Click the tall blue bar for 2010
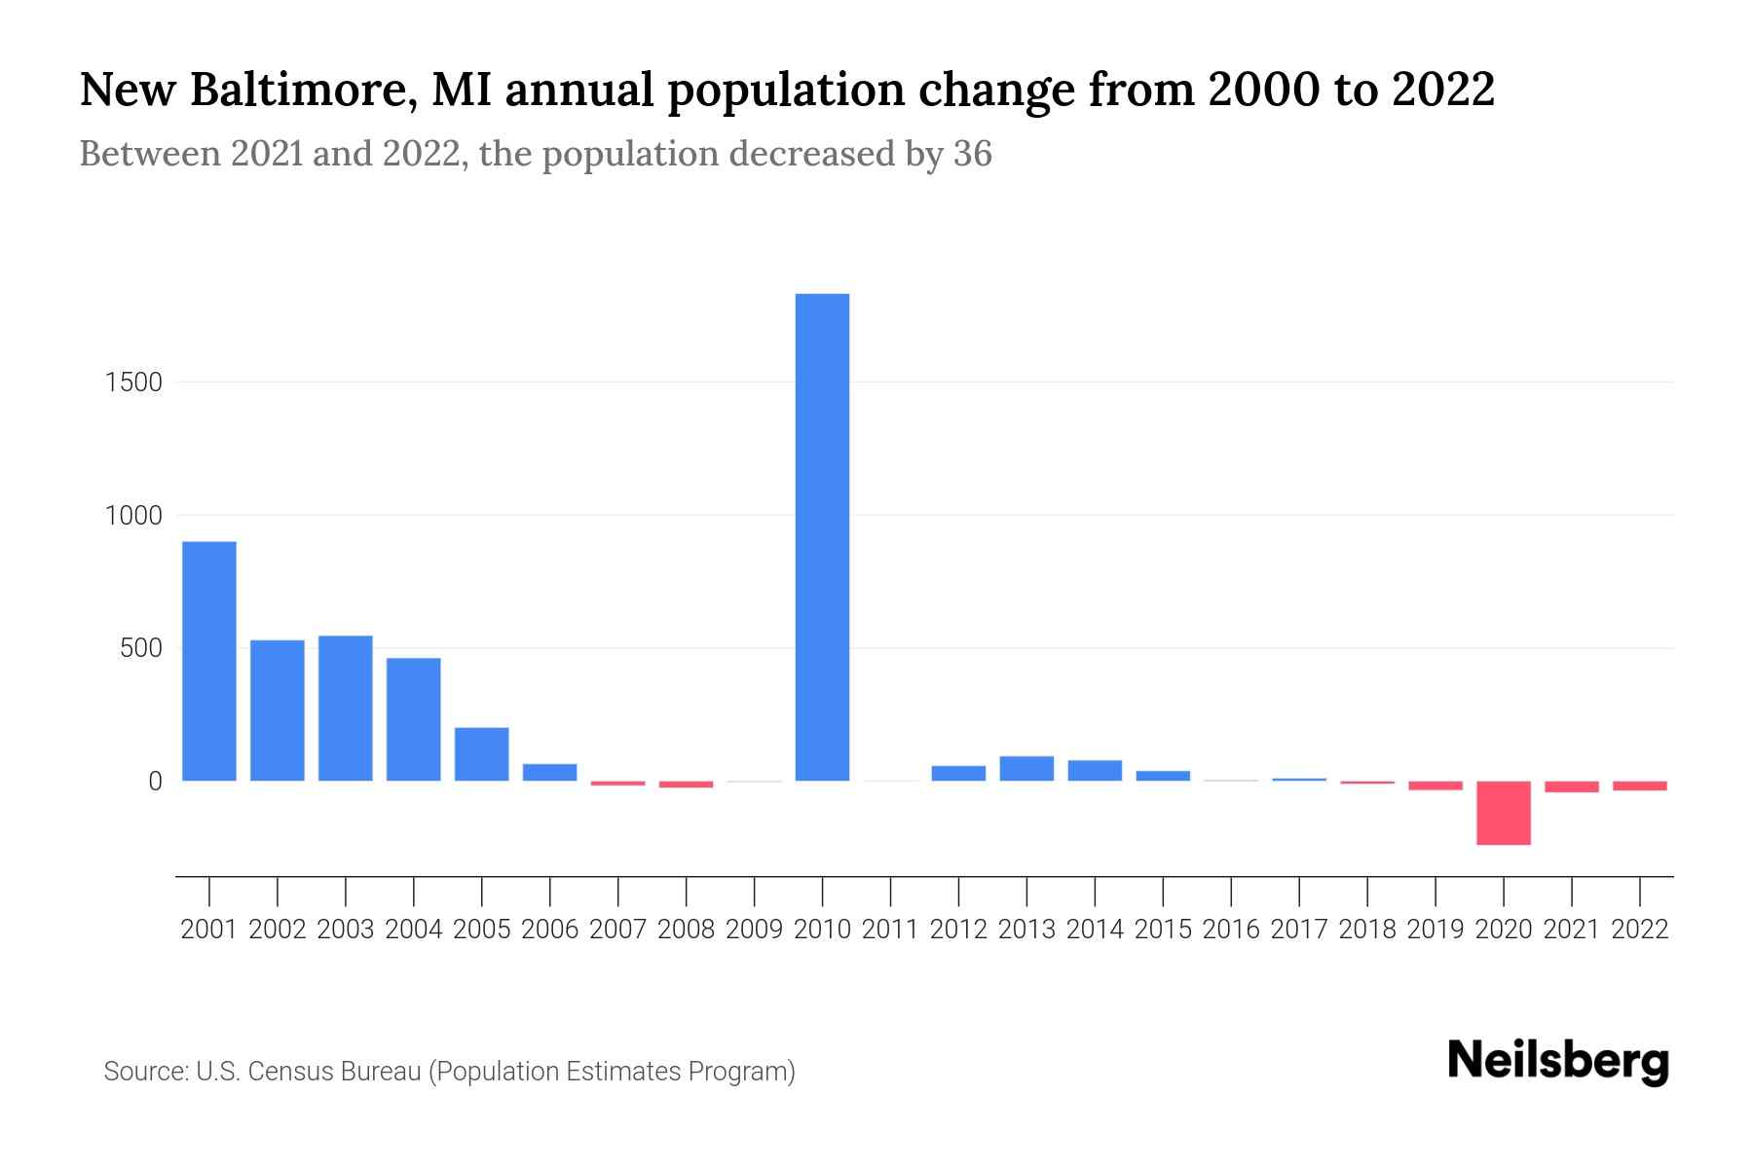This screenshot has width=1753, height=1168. click(x=822, y=536)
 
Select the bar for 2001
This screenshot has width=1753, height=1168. click(x=209, y=661)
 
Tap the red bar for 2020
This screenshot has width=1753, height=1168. click(x=1503, y=813)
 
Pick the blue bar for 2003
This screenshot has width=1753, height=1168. click(x=346, y=708)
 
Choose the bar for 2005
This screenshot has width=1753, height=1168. click(x=482, y=753)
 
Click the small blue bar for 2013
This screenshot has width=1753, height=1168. click(x=1026, y=768)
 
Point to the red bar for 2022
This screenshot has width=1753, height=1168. click(x=1639, y=785)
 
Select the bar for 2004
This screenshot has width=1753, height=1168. click(x=414, y=719)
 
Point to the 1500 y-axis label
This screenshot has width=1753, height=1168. click(x=132, y=383)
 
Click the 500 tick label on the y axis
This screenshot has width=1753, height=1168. click(x=140, y=648)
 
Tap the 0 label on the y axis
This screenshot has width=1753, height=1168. click(x=154, y=782)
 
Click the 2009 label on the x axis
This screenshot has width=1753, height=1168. click(x=754, y=930)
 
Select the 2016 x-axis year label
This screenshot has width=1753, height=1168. click(x=1231, y=930)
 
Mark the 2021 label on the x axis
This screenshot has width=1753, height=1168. click(x=1571, y=930)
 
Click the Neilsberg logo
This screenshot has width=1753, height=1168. click(x=1558, y=1061)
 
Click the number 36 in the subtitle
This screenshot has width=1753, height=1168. click(x=972, y=154)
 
